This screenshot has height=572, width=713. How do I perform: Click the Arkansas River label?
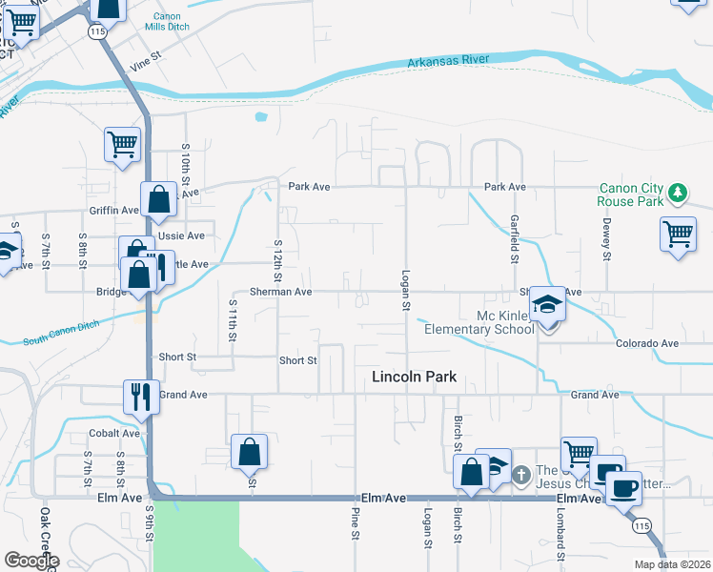click(x=447, y=60)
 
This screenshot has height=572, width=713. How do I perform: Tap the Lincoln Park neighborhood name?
click(x=413, y=378)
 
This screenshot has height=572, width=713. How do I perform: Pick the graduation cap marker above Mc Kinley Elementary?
click(x=548, y=305)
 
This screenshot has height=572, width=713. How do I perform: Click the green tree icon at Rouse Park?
click(x=678, y=194)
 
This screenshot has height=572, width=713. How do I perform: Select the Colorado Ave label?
click(x=646, y=343)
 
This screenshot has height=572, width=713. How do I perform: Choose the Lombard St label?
click(x=560, y=541)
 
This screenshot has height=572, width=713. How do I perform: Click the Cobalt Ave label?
click(x=116, y=433)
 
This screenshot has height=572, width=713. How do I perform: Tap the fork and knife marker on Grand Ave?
click(x=141, y=396)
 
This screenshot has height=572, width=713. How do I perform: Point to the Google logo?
click(x=31, y=561)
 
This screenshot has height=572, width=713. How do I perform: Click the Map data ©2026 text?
click(x=672, y=564)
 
